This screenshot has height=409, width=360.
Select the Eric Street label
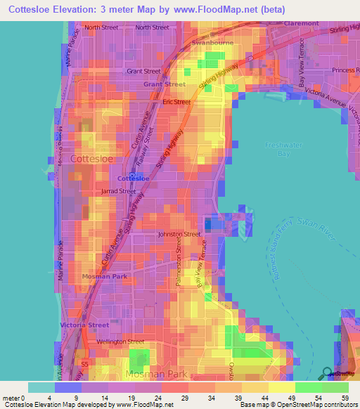[176, 102]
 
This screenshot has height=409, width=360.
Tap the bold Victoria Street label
[84, 325]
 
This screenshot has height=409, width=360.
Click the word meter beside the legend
[12, 398]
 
